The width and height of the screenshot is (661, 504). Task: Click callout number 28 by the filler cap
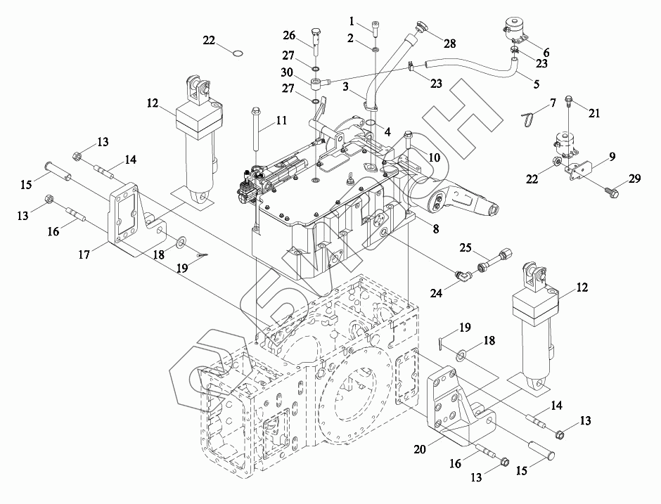pyautogui.click(x=450, y=44)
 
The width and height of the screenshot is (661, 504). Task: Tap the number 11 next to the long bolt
pyautogui.click(x=281, y=120)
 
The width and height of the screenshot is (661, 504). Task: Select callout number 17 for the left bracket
pyautogui.click(x=84, y=254)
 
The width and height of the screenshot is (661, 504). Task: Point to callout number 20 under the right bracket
pyautogui.click(x=420, y=450)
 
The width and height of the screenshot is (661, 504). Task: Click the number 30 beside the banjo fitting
pyautogui.click(x=287, y=72)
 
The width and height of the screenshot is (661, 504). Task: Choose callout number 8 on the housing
pyautogui.click(x=436, y=228)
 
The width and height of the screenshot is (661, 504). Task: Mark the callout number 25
pyautogui.click(x=466, y=248)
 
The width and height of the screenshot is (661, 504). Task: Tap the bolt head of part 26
pyautogui.click(x=316, y=32)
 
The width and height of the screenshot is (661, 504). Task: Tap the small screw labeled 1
pyautogui.click(x=375, y=28)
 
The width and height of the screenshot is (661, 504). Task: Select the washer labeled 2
pyautogui.click(x=375, y=49)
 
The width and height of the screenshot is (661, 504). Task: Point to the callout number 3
pyautogui.click(x=345, y=86)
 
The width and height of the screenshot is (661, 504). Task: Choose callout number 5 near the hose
pyautogui.click(x=537, y=84)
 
